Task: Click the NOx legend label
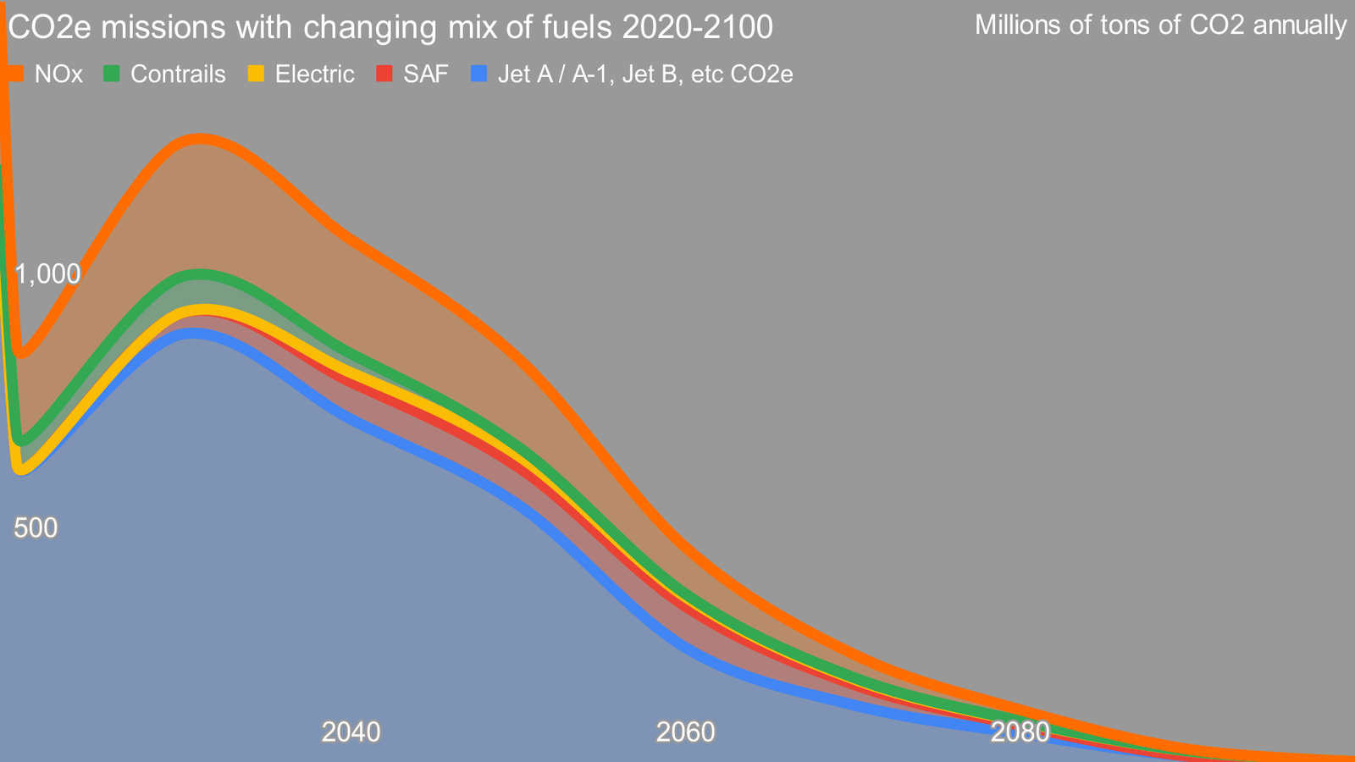[x=58, y=75]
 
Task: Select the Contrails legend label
[x=178, y=75]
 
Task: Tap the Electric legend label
[x=314, y=75]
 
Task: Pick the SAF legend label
[x=426, y=75]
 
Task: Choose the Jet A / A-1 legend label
[x=644, y=75]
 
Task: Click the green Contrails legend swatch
[x=112, y=74]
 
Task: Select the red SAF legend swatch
[x=384, y=74]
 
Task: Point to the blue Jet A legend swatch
[x=478, y=74]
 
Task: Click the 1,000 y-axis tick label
[x=47, y=273]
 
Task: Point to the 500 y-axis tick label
[x=36, y=528]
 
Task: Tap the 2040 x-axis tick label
[x=351, y=732]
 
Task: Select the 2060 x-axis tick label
[x=686, y=732]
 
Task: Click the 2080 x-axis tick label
[x=1020, y=732]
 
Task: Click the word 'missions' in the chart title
[x=163, y=28]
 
